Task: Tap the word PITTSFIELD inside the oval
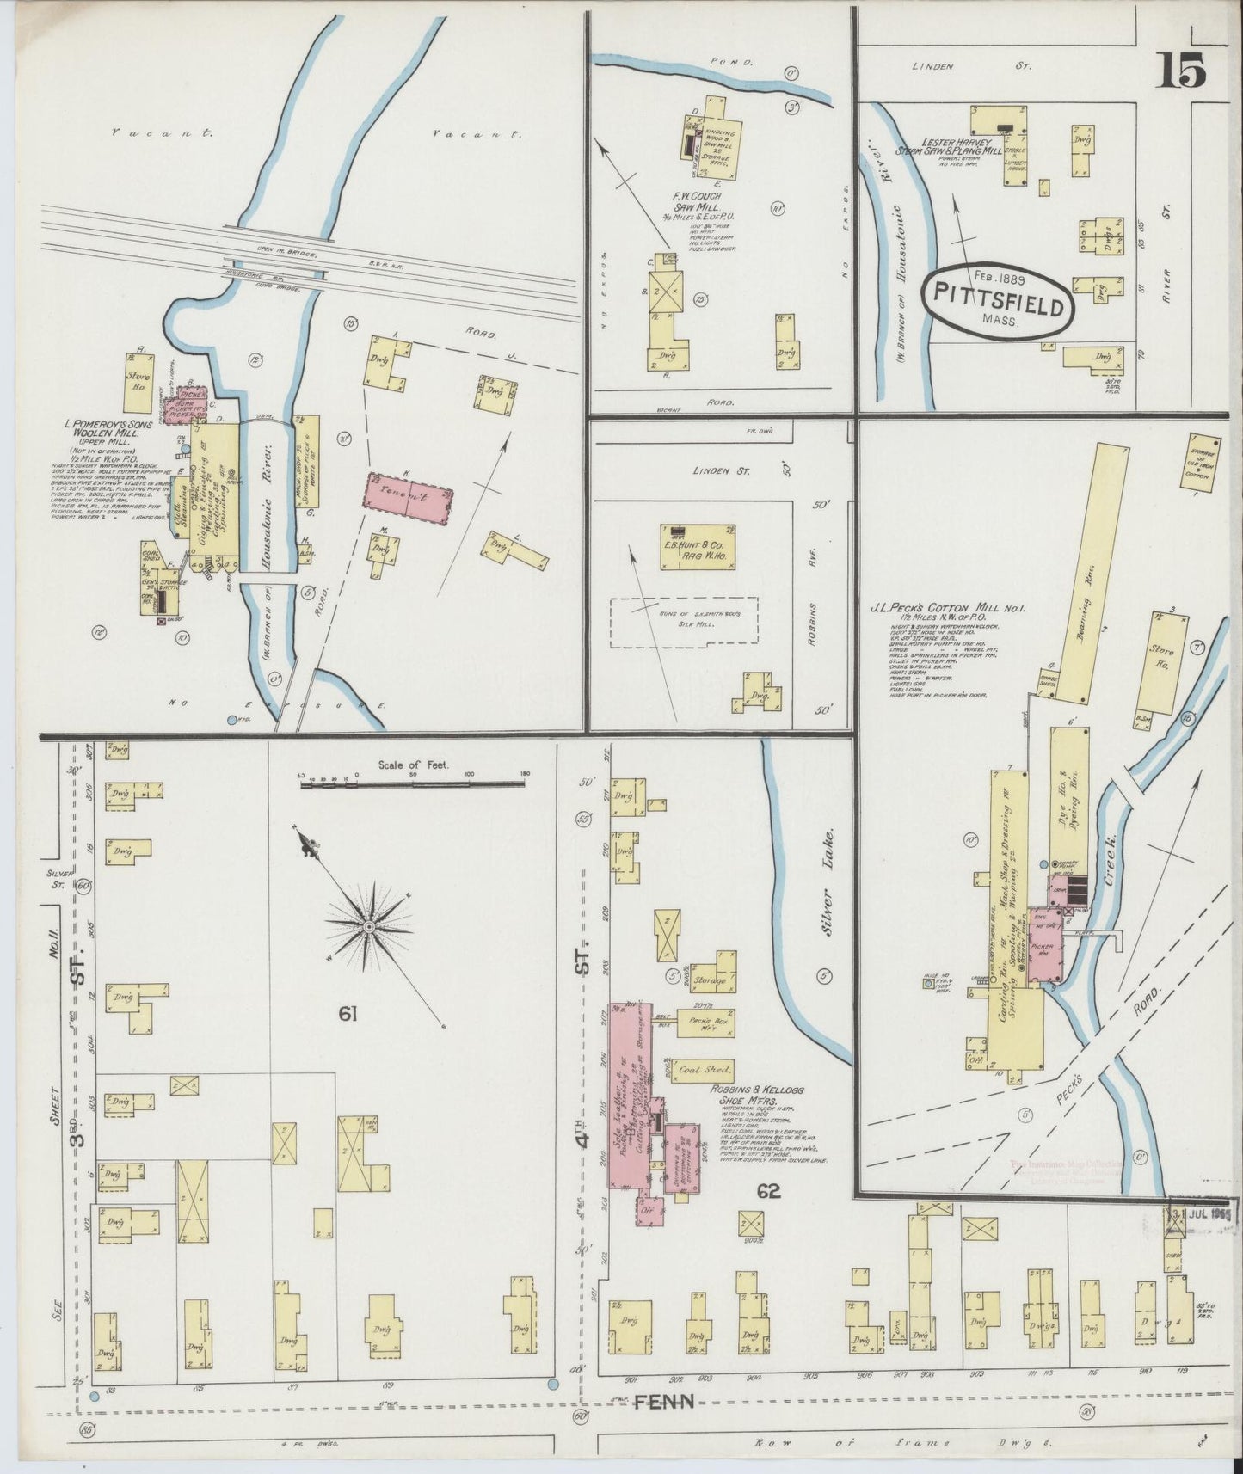coord(1000,305)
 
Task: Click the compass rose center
coord(368,926)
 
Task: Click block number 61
coord(348,1015)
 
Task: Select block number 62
coord(768,1191)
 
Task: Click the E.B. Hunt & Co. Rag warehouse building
coord(698,546)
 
